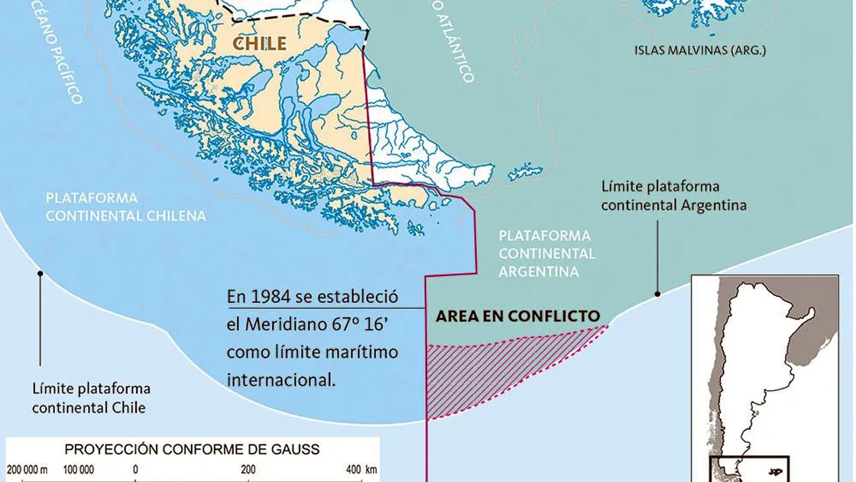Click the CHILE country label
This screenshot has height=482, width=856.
click(x=260, y=43)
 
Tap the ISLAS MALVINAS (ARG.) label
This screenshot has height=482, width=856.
click(x=699, y=51)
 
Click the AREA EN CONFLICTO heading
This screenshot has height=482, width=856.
click(x=517, y=316)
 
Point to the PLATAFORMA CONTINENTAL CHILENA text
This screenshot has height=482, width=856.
click(x=125, y=207)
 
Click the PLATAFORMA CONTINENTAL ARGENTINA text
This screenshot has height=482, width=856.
click(x=546, y=253)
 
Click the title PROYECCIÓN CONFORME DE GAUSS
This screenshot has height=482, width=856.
click(x=192, y=449)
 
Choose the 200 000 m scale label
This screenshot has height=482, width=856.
click(x=28, y=469)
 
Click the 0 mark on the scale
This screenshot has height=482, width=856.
click(x=135, y=469)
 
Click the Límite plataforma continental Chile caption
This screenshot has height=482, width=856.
click(x=91, y=399)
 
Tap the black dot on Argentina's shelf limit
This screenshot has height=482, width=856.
click(x=657, y=293)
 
